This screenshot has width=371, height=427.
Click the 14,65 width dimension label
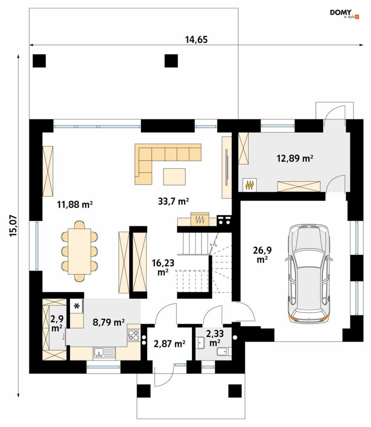(x=196, y=40)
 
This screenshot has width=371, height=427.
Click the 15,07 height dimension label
(x=13, y=226)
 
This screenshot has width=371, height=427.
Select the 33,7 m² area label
(x=173, y=201)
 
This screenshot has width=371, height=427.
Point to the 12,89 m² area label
(x=295, y=158)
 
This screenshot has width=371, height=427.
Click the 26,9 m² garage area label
(x=262, y=255)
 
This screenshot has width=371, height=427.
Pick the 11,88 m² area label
(x=75, y=204)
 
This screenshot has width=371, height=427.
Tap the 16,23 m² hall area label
(x=163, y=267)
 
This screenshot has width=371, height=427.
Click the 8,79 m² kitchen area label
(x=109, y=322)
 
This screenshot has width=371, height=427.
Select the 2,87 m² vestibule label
(x=169, y=344)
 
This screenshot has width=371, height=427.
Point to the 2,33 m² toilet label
(x=215, y=338)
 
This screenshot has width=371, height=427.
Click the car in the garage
(x=309, y=274)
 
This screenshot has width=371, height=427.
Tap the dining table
(x=79, y=251)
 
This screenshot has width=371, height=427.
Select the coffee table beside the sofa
(x=175, y=177)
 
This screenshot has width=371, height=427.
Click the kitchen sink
(x=104, y=353)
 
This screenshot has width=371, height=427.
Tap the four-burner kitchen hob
(x=133, y=335)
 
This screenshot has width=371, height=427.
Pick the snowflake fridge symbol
(x=77, y=306)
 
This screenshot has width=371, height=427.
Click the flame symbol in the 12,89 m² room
(x=249, y=185)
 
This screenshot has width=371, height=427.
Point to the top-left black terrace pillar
(x=39, y=61)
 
